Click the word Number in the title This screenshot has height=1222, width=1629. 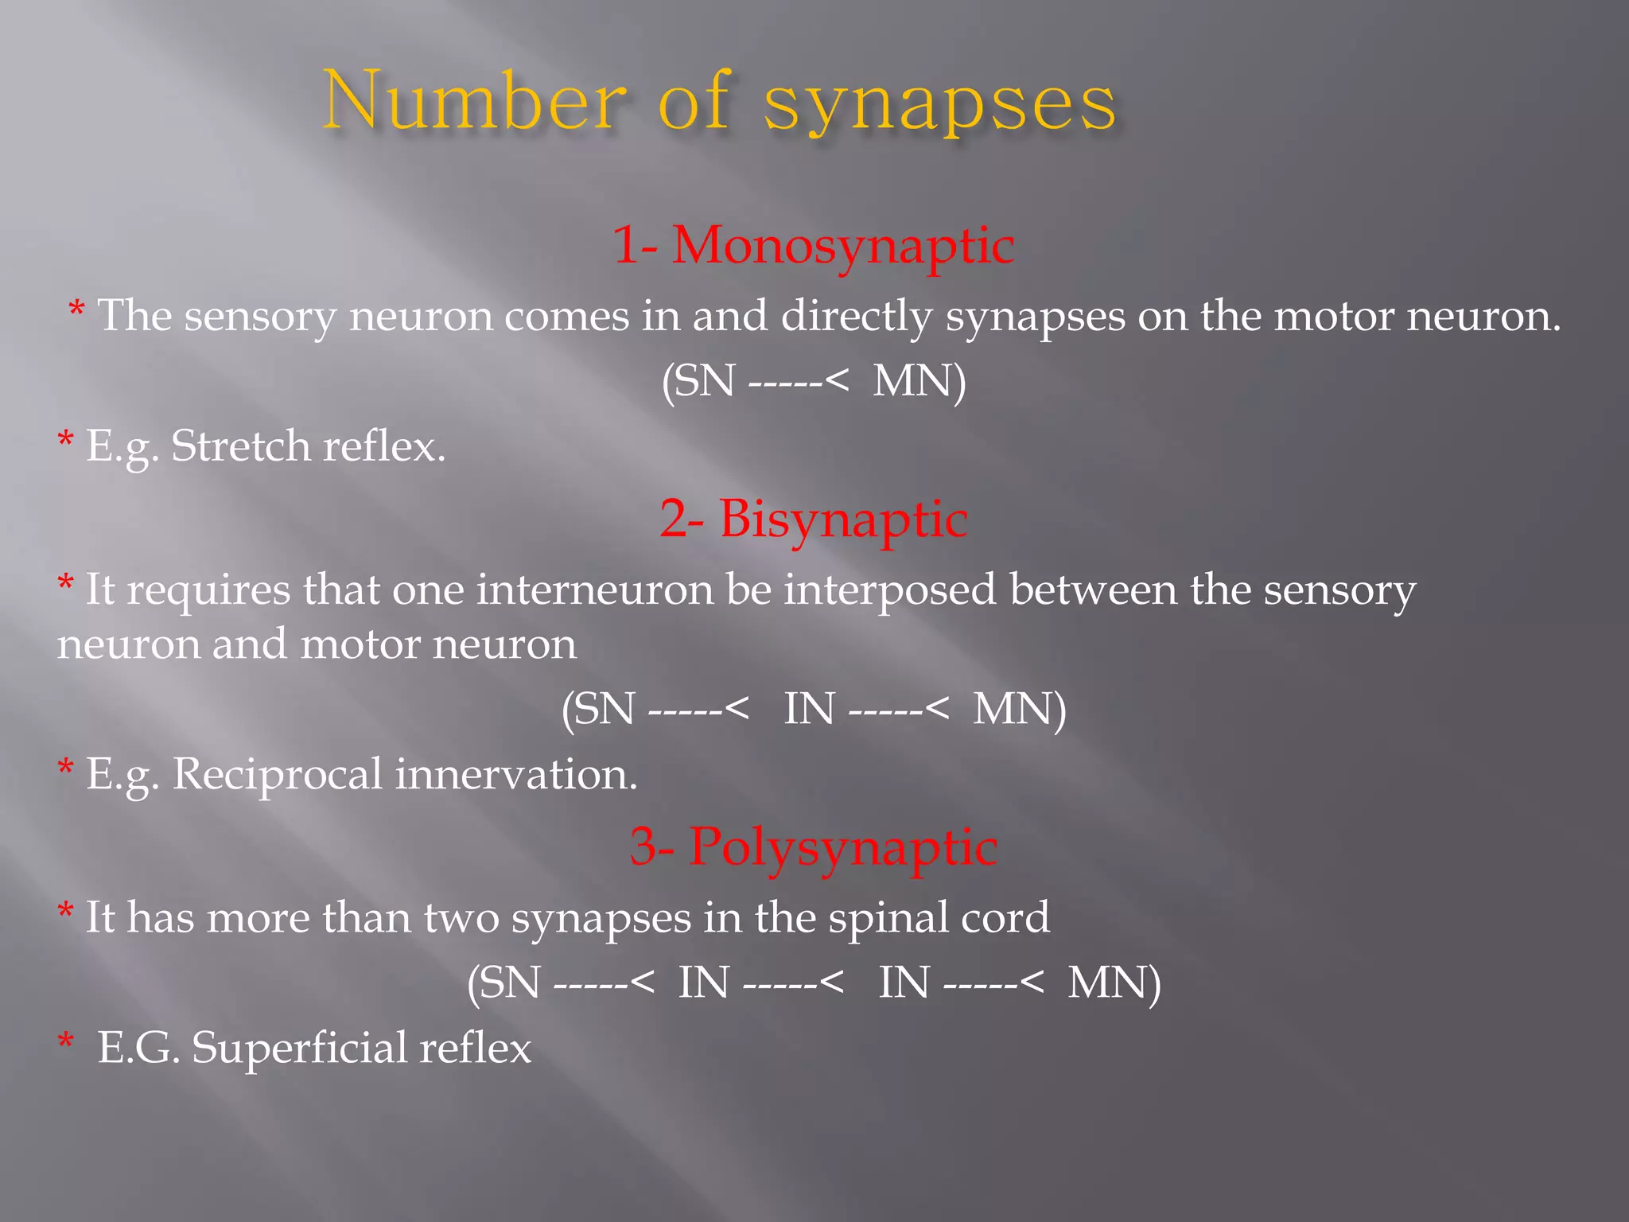click(x=474, y=101)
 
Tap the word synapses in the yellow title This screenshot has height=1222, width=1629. click(x=940, y=104)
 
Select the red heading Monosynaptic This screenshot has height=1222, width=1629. click(x=843, y=244)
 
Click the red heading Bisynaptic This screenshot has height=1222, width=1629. click(x=843, y=519)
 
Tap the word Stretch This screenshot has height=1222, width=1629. click(x=240, y=446)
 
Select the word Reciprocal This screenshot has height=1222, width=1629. click(x=277, y=774)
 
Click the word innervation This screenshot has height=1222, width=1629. click(x=516, y=774)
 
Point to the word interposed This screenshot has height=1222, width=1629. click(x=889, y=591)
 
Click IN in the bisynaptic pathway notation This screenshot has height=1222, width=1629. click(x=809, y=709)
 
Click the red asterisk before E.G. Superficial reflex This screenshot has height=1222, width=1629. click(x=66, y=1041)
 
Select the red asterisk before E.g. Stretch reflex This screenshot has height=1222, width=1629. click(x=66, y=440)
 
